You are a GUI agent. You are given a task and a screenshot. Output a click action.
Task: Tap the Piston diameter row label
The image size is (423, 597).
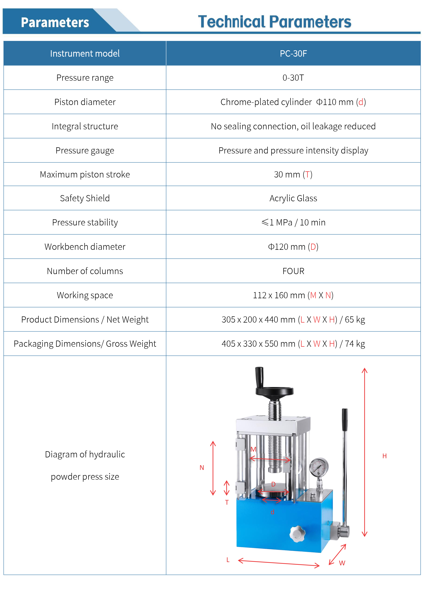[x=85, y=102]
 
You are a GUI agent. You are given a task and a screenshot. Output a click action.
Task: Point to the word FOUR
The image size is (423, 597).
[x=293, y=271]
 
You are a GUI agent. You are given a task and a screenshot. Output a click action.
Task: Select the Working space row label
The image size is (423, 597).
[x=85, y=295]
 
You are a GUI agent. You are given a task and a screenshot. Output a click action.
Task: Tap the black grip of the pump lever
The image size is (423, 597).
[x=345, y=419]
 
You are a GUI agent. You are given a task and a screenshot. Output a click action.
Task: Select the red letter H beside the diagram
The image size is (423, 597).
[x=385, y=456]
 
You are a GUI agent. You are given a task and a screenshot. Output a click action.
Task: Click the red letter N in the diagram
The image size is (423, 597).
[x=202, y=468]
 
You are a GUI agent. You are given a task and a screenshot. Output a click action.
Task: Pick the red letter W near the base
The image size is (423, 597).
[x=342, y=563]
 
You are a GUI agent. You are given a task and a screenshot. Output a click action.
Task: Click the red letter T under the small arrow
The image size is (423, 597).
[x=227, y=502]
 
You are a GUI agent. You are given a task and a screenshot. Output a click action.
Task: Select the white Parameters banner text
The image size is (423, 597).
[x=55, y=22]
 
